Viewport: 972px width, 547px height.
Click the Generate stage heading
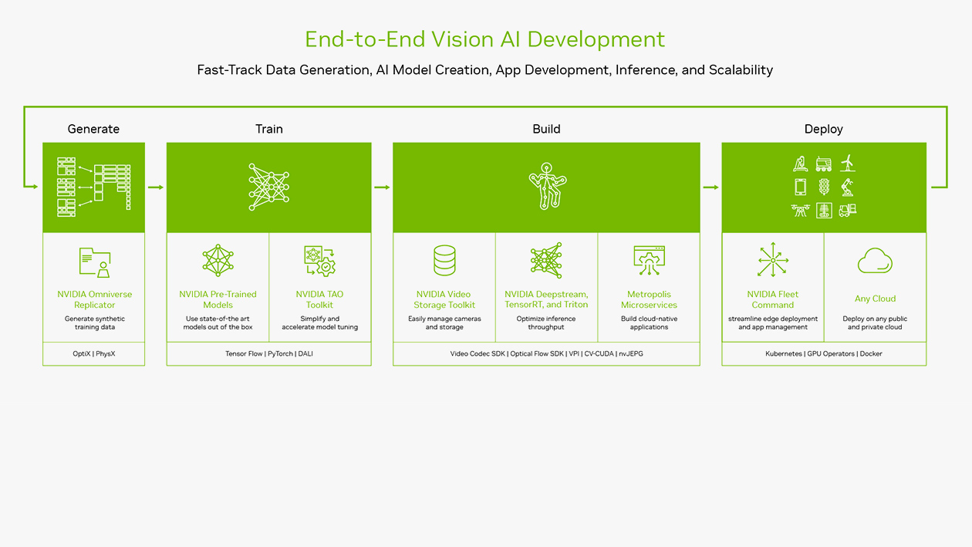click(93, 129)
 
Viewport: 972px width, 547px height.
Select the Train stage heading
click(269, 129)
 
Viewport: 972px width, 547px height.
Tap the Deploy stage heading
click(824, 129)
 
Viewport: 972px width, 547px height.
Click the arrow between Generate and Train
click(156, 187)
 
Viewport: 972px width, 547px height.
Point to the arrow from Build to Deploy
click(710, 187)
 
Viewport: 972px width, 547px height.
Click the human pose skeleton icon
click(547, 186)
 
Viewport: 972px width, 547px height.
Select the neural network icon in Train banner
click(269, 187)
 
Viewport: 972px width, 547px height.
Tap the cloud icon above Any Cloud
click(875, 261)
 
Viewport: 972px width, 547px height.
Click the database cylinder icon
click(444, 261)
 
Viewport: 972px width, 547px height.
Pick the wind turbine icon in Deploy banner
click(848, 164)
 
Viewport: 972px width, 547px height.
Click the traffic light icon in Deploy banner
click(824, 187)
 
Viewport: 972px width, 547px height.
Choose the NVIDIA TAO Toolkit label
click(320, 299)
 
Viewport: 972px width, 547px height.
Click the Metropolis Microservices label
click(650, 299)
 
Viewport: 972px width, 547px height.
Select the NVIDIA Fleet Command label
click(773, 299)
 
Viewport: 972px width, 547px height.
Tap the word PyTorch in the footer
click(280, 354)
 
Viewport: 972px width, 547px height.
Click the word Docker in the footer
click(871, 354)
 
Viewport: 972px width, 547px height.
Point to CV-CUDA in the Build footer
click(599, 354)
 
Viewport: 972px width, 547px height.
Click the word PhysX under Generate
click(106, 354)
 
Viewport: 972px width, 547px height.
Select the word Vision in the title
click(463, 39)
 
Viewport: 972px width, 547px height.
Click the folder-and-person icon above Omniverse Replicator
click(95, 262)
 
